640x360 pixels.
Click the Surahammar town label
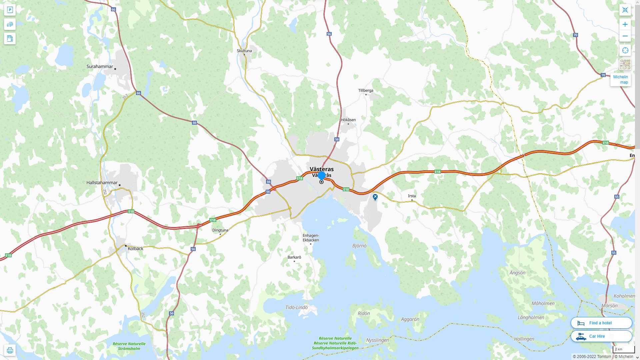click(x=100, y=66)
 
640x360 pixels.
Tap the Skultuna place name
click(x=244, y=51)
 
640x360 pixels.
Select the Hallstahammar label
click(x=102, y=183)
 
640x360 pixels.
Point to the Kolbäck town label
click(x=136, y=249)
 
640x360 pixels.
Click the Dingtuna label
click(x=220, y=230)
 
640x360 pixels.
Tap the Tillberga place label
click(x=366, y=90)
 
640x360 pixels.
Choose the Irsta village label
click(x=412, y=196)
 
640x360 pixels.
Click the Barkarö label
click(x=294, y=257)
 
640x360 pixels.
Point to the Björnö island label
click(x=359, y=246)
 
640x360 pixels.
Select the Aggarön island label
click(x=410, y=319)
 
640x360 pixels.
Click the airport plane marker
click(x=375, y=197)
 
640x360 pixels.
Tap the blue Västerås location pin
click(x=322, y=175)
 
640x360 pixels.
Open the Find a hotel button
click(x=601, y=323)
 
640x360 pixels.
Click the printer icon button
click(x=10, y=350)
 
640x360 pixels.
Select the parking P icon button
click(x=10, y=10)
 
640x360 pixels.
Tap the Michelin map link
click(x=621, y=80)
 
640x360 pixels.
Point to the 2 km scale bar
click(x=623, y=350)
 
